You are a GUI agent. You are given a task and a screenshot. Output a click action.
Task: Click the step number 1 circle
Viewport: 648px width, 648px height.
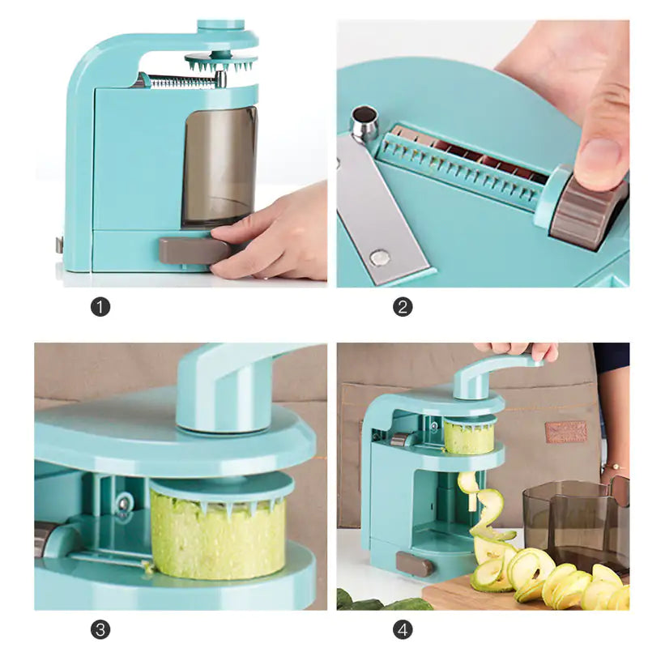coord(100,307)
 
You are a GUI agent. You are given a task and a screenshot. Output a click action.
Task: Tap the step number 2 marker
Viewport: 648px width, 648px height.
coord(403,307)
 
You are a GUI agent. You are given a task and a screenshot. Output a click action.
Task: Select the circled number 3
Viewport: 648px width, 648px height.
coord(100,629)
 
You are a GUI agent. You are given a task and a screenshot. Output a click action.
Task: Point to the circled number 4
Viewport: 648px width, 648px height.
coord(403,629)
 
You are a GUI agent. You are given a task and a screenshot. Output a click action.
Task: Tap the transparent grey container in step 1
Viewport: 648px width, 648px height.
coord(219,166)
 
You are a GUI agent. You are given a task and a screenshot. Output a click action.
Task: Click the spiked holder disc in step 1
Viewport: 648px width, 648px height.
coord(220,62)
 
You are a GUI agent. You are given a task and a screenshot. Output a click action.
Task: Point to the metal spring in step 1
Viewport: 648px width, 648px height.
coord(180,81)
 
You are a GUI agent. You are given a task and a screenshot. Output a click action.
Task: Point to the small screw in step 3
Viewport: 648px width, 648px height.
coord(122,504)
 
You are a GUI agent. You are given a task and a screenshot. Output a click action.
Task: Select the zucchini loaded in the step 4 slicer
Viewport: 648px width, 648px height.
coord(468,437)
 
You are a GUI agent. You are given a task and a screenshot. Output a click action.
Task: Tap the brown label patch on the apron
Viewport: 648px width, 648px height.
coord(566,432)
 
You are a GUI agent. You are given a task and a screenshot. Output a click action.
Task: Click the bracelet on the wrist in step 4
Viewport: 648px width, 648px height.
coord(613,467)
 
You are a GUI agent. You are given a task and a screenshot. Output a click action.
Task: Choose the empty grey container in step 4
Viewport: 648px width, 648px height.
coord(567,518)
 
